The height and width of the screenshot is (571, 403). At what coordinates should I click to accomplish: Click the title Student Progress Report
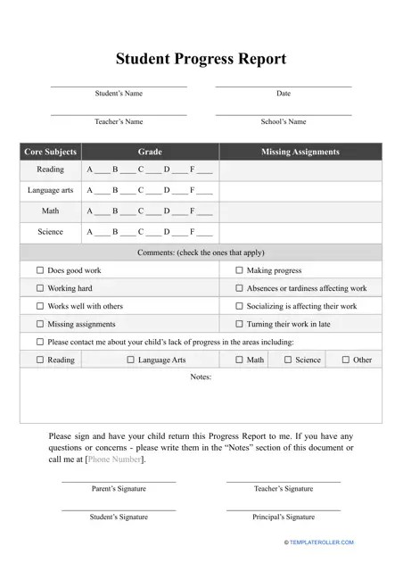201,59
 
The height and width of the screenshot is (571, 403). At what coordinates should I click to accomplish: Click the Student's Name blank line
119,86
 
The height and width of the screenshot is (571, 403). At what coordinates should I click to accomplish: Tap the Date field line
284,86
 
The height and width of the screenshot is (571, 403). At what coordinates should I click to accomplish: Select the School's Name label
284,121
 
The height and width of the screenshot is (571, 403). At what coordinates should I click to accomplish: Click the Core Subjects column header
50,152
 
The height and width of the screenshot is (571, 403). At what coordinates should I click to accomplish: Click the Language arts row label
50,190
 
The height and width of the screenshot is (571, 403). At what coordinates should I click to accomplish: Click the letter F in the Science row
192,232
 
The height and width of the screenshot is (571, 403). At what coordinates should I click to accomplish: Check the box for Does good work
39,270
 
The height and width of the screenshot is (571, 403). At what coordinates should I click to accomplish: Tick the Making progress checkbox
239,270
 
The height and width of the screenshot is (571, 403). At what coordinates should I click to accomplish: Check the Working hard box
39,288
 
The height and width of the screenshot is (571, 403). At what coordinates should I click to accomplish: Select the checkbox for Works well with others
39,306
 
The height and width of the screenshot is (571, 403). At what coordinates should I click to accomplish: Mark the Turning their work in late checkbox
239,324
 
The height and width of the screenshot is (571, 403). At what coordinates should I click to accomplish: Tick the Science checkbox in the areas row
287,360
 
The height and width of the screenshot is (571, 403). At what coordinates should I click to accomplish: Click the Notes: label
201,377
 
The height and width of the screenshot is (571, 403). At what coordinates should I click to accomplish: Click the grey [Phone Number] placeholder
114,459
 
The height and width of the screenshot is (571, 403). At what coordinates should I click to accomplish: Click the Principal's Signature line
284,509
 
